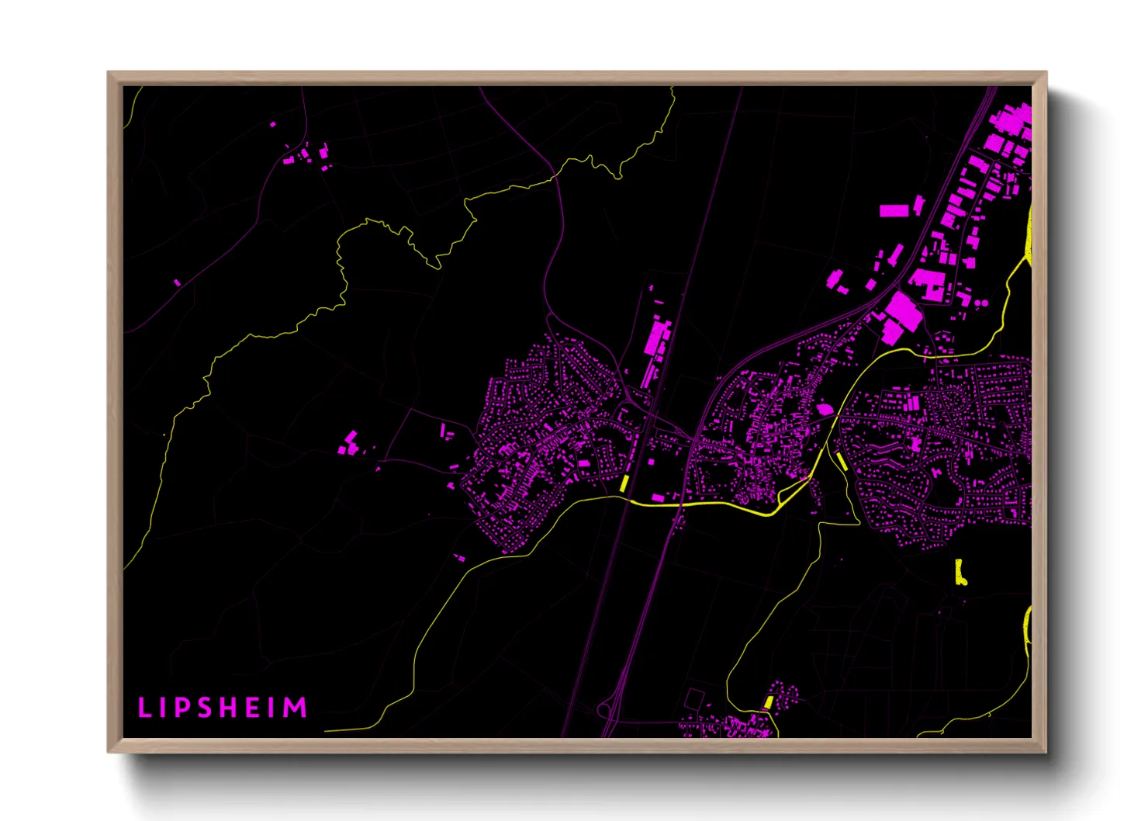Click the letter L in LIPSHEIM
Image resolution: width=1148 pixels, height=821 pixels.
143,707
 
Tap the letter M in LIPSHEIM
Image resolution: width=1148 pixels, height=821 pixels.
296,707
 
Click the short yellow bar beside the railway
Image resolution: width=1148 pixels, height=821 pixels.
624,482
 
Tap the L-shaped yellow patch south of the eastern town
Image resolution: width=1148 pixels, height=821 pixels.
960,572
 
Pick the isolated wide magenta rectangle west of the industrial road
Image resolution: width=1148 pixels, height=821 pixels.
893,210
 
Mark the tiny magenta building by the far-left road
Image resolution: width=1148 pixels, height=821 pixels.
177,282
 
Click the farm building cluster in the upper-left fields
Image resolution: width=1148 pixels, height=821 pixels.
306,154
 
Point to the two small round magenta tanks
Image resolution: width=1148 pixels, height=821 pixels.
981,303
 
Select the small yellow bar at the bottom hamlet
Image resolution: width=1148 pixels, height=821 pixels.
769,701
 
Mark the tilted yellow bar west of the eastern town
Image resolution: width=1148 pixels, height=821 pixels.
841,461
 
